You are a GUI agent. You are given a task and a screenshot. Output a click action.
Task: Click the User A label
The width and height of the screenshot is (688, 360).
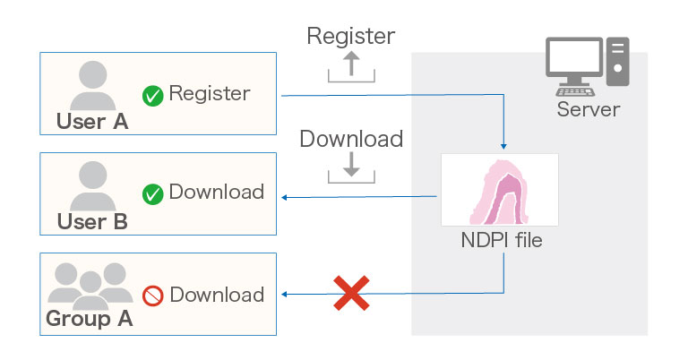pyautogui.click(x=92, y=122)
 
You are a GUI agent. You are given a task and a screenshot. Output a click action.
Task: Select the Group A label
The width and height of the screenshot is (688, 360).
pyautogui.click(x=89, y=319)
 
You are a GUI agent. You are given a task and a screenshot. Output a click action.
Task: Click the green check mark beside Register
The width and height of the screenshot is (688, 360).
pyautogui.click(x=153, y=95)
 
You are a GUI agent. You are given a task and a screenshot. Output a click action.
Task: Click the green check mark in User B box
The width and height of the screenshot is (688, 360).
pyautogui.click(x=153, y=193)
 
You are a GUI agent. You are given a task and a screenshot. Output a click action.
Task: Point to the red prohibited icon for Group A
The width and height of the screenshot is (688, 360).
pyautogui.click(x=153, y=296)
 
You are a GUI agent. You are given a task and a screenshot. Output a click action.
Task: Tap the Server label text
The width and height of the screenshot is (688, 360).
pyautogui.click(x=588, y=110)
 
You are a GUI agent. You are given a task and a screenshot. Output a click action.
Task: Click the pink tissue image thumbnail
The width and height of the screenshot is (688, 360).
pyautogui.click(x=500, y=189)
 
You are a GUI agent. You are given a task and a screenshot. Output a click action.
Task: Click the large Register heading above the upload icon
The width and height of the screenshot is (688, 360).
pyautogui.click(x=350, y=37)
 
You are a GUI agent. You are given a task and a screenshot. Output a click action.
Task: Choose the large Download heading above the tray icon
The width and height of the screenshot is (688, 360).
pyautogui.click(x=350, y=140)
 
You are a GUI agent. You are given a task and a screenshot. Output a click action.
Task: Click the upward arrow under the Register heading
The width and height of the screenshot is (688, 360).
pyautogui.click(x=351, y=64)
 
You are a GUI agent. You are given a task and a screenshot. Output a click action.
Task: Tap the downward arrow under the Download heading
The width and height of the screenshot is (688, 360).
pyautogui.click(x=351, y=164)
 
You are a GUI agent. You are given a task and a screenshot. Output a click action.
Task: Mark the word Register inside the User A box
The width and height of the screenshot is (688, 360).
pyautogui.click(x=209, y=93)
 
